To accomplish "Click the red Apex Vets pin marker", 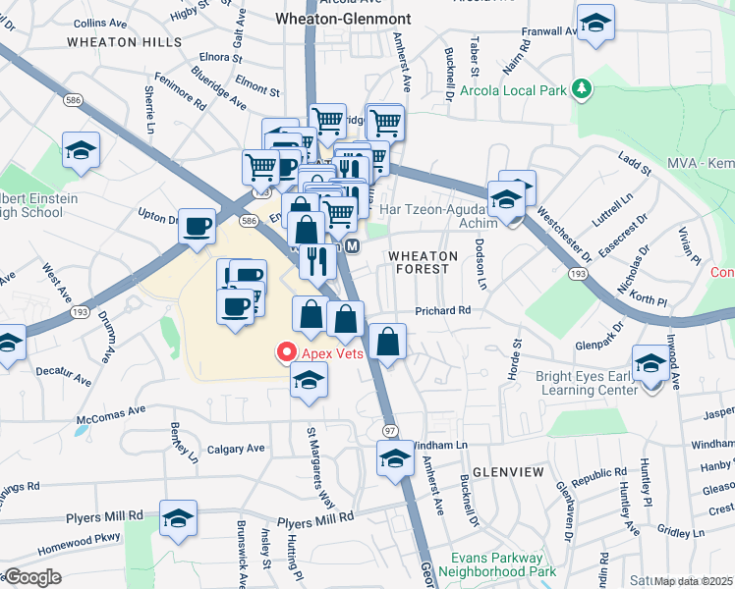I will coord(287,350).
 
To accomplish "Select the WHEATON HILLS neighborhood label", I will coord(125,42).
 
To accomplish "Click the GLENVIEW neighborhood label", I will coord(508,472).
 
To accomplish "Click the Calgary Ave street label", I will coord(236,449).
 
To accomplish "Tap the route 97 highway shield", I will coord(389,431).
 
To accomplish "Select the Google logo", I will coord(31,577).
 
